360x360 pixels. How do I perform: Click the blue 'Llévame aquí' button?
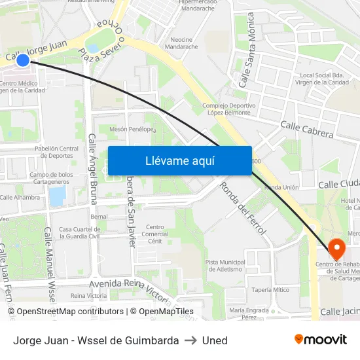click(179, 161)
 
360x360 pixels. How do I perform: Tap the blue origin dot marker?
click(22, 60)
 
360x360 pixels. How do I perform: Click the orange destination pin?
click(336, 248)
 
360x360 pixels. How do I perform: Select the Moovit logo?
click(320, 340)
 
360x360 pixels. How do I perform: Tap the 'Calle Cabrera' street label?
click(306, 129)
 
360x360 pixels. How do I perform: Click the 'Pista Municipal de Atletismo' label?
click(225, 265)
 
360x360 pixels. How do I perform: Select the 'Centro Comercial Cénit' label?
click(155, 234)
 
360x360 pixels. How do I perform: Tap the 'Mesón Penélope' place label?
click(132, 129)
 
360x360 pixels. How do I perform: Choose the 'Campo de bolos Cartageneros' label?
click(51, 178)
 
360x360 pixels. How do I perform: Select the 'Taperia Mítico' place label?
click(270, 289)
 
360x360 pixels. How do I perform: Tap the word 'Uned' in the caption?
click(215, 340)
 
